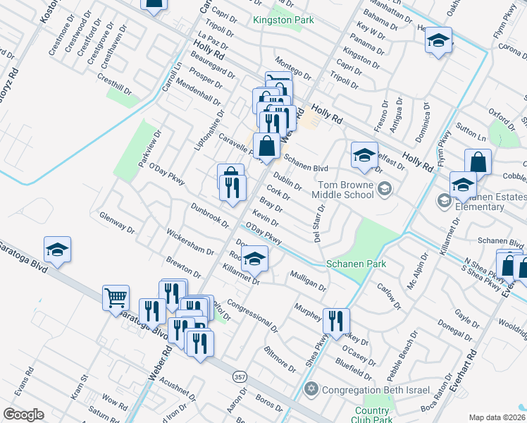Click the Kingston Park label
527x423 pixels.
(x=283, y=20)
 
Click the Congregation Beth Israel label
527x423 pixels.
(x=364, y=388)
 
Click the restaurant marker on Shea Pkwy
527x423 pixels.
(x=336, y=321)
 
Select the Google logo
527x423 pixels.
(x=23, y=415)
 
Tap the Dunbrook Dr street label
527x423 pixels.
(x=209, y=214)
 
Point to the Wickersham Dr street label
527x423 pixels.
(x=190, y=241)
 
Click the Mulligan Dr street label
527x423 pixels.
(x=307, y=282)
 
